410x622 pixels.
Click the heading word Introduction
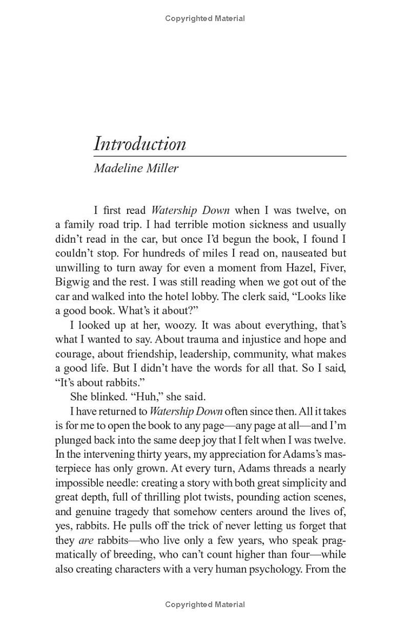[139, 143]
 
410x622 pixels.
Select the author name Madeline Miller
[136, 168]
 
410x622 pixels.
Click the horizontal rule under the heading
[220, 156]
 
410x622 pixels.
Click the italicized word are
[86, 540]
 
